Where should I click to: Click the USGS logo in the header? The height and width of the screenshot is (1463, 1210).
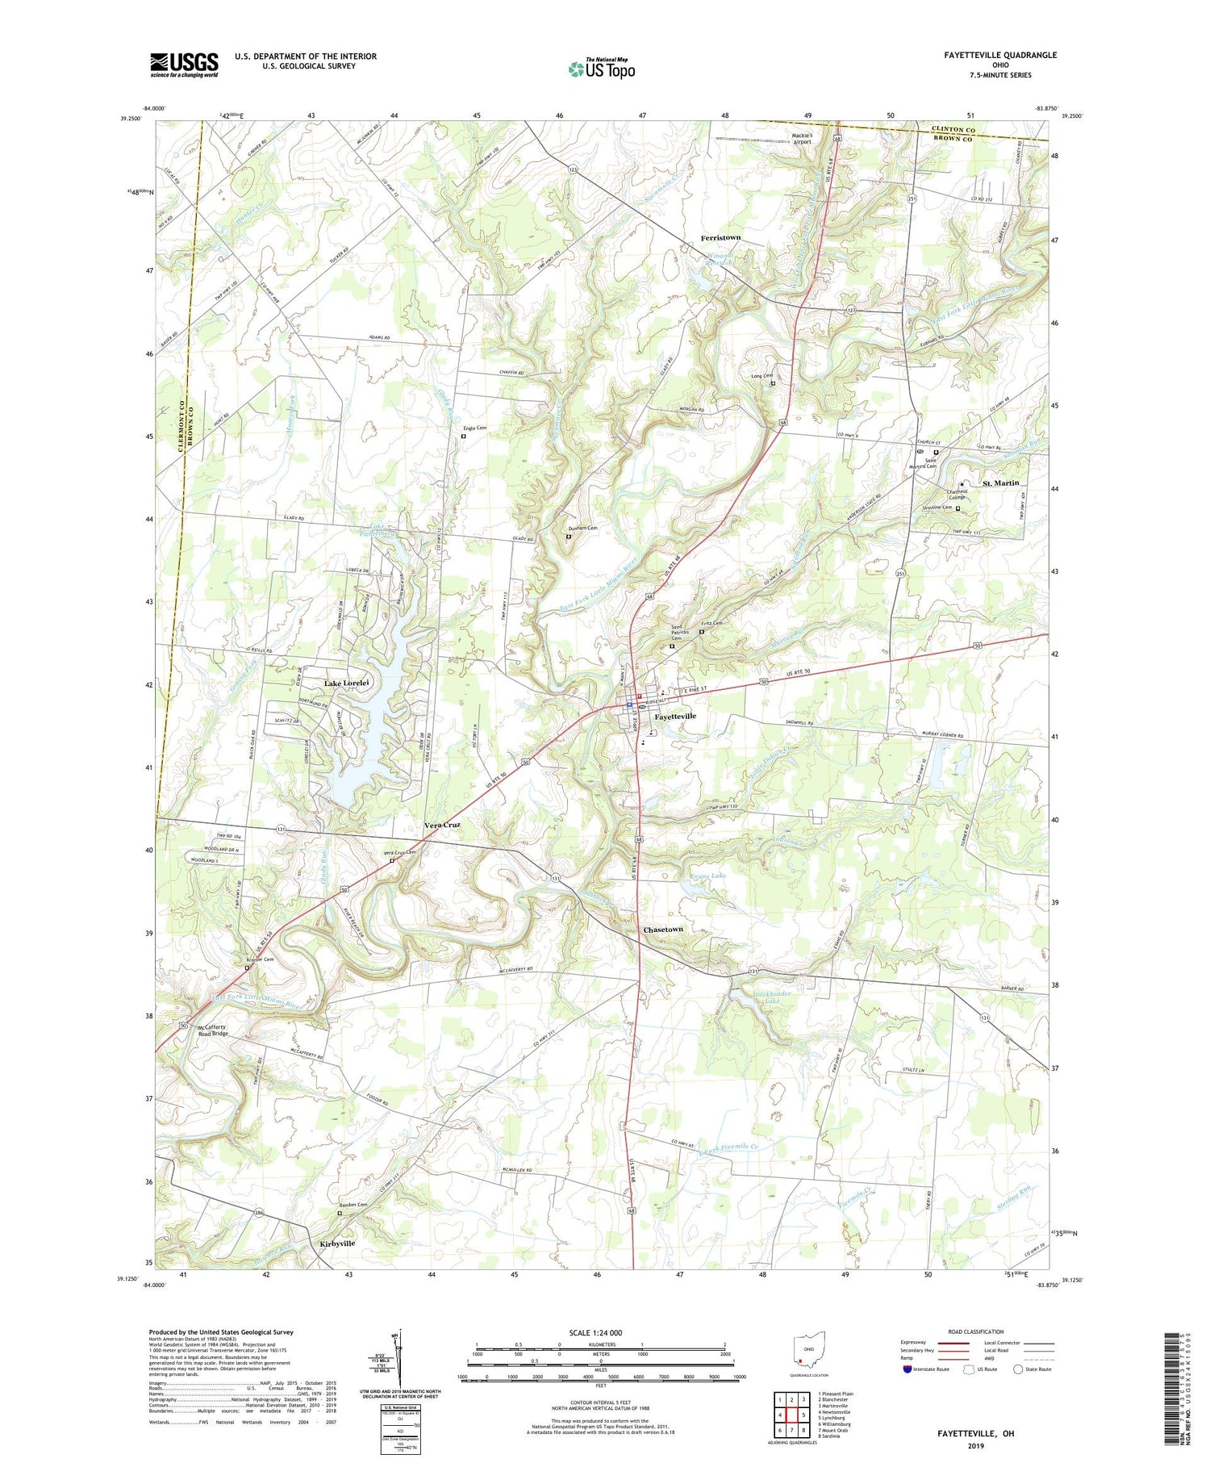pyautogui.click(x=184, y=65)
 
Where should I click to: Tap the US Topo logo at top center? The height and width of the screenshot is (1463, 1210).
pyautogui.click(x=601, y=69)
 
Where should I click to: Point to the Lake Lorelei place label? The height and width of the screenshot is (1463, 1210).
pyautogui.click(x=347, y=683)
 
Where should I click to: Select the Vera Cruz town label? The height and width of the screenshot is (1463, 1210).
pyautogui.click(x=443, y=826)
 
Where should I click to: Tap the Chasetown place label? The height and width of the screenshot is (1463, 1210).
pyautogui.click(x=663, y=930)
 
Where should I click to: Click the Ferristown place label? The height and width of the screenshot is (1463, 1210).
pyautogui.click(x=720, y=238)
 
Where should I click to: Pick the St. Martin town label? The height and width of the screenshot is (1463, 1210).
pyautogui.click(x=1000, y=483)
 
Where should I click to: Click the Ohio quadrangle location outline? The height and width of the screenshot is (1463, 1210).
pyautogui.click(x=809, y=1348)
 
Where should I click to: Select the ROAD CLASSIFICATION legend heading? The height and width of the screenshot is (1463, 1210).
pyautogui.click(x=976, y=1331)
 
